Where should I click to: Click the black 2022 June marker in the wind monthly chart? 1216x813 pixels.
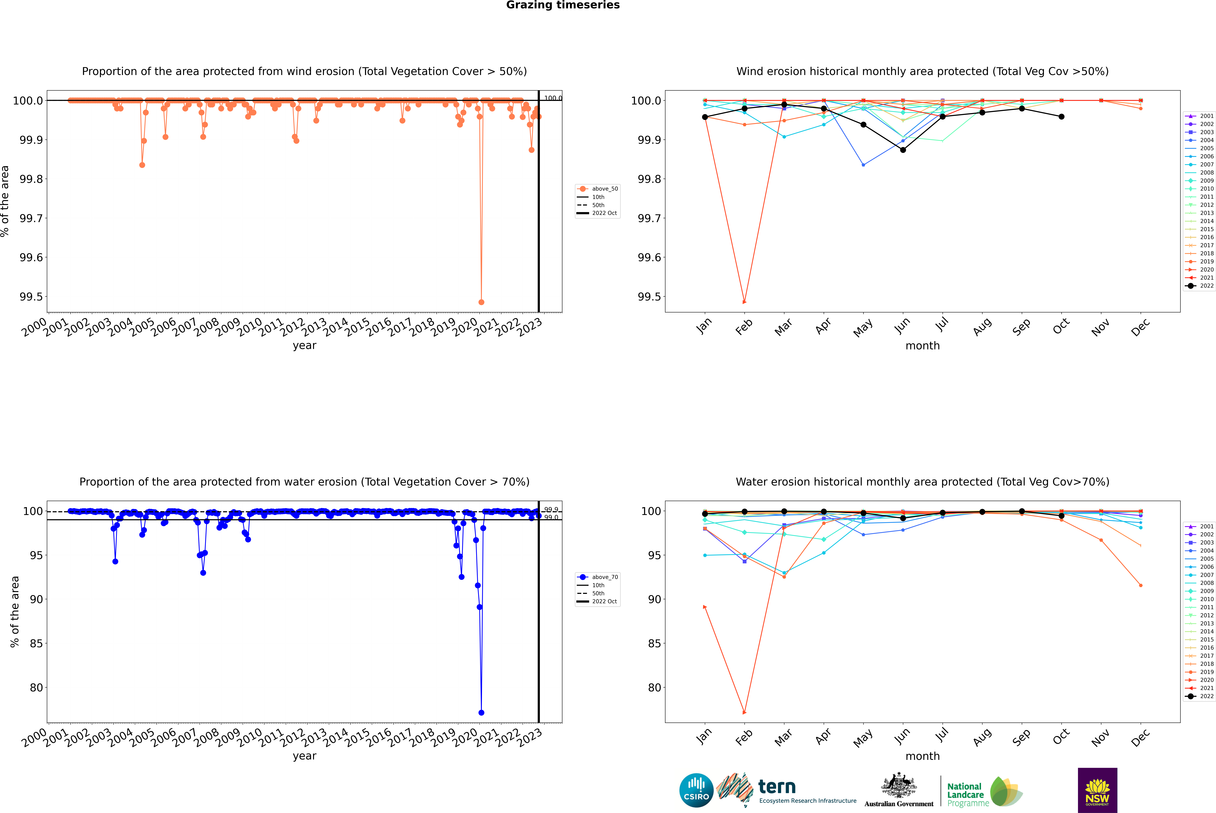[x=903, y=150]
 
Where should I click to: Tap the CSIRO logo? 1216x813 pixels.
[x=696, y=790]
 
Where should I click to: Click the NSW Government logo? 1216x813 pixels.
[x=1097, y=790]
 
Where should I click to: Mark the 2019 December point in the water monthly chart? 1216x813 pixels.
[x=1140, y=585]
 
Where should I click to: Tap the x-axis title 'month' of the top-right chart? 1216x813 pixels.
[x=922, y=346]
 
